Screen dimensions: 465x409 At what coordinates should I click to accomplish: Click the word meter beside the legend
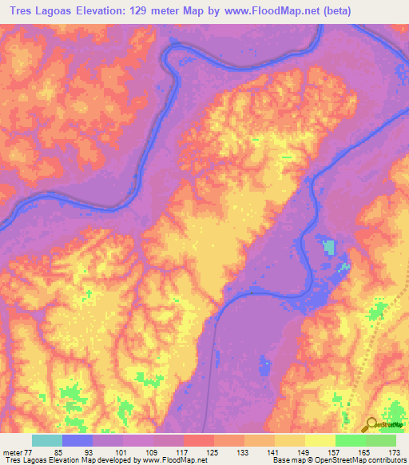pos(12,452)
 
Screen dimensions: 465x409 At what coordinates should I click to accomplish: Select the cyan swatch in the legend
pos(47,440)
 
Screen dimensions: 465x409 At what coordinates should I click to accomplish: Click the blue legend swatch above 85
pos(77,440)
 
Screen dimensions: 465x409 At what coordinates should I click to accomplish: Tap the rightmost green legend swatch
pos(381,440)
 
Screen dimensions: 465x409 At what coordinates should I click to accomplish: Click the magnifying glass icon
pos(371,425)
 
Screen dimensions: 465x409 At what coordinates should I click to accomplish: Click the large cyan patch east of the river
pos(328,248)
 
